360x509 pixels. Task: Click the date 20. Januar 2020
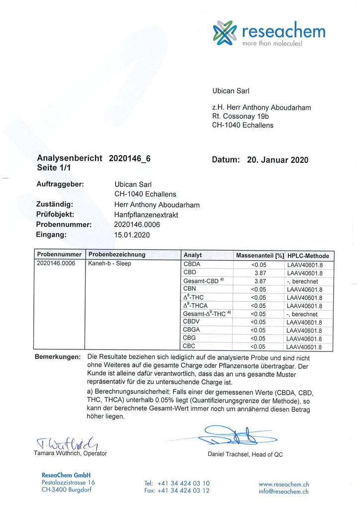(277, 160)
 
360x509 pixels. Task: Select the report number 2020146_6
(129, 159)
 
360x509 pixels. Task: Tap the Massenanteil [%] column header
(260, 255)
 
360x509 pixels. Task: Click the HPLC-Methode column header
(308, 255)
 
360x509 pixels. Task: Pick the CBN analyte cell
(189, 289)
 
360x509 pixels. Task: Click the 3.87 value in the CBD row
(261, 273)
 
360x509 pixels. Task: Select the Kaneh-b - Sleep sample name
(110, 263)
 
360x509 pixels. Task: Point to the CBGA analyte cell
(192, 330)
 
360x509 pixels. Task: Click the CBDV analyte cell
(192, 322)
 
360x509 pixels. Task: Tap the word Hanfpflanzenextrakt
(146, 214)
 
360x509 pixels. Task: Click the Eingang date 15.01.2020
(132, 235)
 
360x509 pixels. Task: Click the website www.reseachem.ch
(284, 484)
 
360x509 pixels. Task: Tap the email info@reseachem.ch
(284, 491)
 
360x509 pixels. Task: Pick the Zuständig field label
(55, 204)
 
